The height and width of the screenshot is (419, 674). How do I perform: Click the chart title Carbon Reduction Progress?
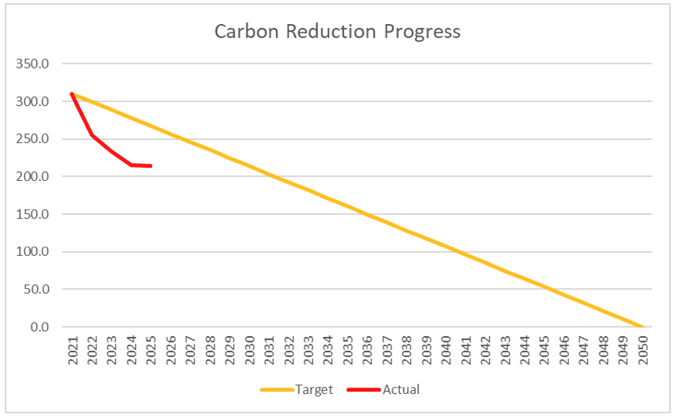(x=337, y=31)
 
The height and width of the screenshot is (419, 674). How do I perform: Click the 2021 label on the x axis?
(x=72, y=351)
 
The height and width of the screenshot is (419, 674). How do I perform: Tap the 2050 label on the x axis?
(x=643, y=351)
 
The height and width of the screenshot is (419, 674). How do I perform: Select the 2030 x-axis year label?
(x=249, y=351)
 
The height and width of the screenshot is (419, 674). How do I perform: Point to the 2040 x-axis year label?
(x=446, y=351)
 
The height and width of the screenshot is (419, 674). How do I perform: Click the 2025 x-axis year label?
(x=151, y=351)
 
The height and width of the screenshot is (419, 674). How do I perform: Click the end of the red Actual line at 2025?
(x=151, y=166)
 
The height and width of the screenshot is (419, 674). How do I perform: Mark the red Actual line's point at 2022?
(x=92, y=135)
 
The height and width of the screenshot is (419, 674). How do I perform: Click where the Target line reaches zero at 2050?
(x=643, y=327)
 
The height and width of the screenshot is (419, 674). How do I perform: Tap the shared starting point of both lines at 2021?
(x=72, y=94)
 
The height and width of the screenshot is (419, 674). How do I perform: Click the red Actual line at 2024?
(x=131, y=165)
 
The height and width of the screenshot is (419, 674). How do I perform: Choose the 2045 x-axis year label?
(x=545, y=351)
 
